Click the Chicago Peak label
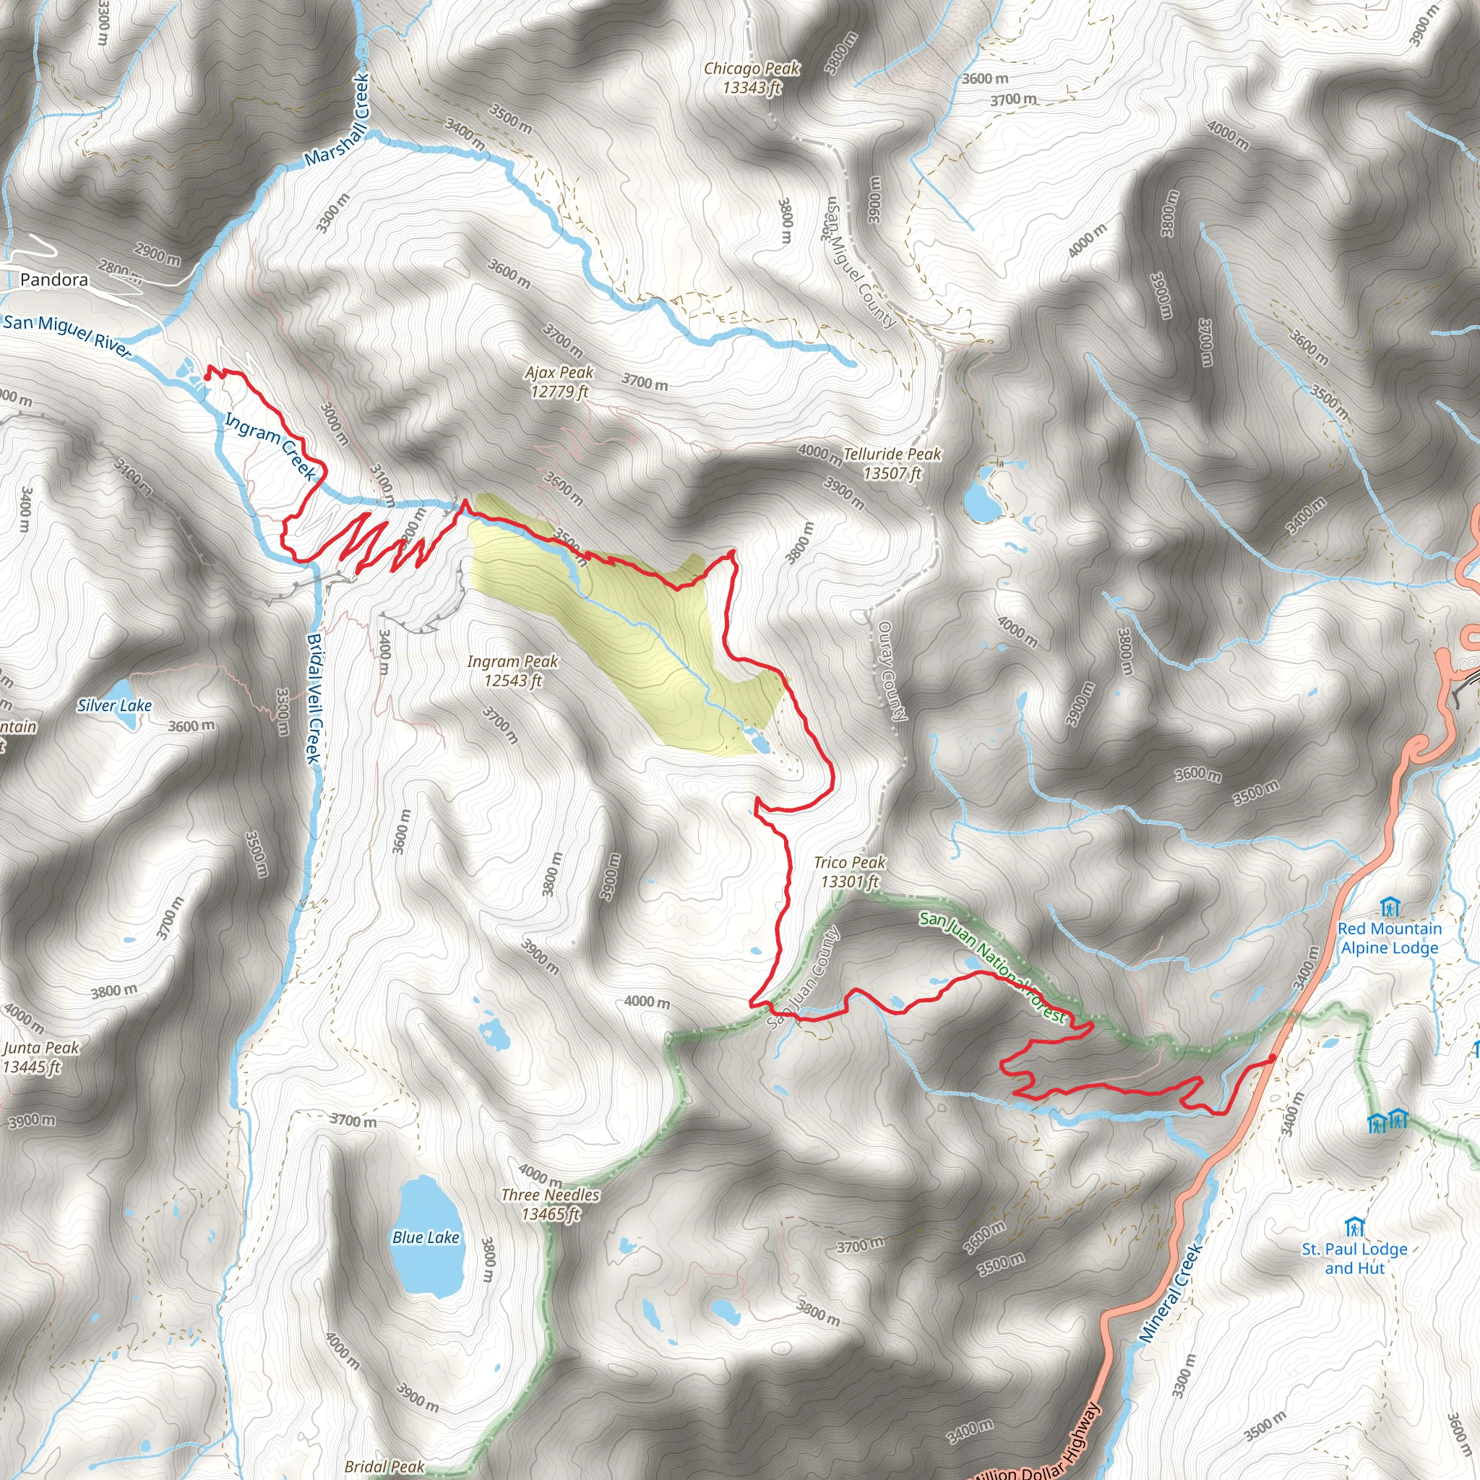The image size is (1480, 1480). [752, 78]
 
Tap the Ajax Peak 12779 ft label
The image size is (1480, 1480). [559, 382]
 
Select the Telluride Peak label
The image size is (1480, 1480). [892, 463]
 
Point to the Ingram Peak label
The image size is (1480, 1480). [512, 671]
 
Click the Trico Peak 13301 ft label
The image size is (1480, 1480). [850, 872]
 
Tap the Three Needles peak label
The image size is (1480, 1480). [550, 1204]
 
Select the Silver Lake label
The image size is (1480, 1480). [114, 705]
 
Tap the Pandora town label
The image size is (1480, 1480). [53, 280]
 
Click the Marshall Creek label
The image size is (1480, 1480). [337, 119]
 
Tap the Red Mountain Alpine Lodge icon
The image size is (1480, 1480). [1390, 908]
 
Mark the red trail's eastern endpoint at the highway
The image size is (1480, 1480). [1273, 1058]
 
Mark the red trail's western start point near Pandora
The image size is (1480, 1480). [207, 375]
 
